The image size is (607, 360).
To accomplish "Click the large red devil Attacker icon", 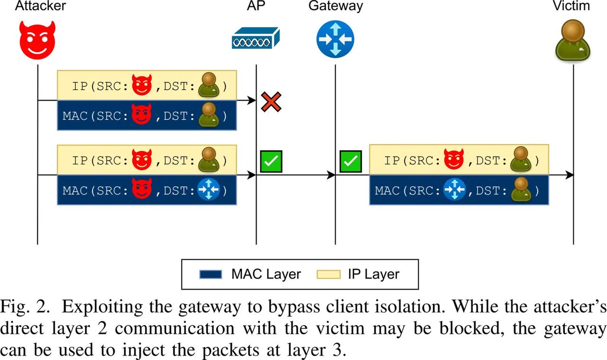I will tap(37, 37).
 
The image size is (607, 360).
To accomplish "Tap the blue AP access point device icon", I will tap(256, 38).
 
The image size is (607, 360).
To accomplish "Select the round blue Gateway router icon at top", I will tap(335, 38).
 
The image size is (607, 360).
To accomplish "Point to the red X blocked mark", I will tap(271, 102).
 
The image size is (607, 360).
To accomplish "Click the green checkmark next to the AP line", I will tap(271, 162).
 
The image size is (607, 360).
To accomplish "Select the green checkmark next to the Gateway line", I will tap(350, 162).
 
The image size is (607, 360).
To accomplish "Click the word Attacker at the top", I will tap(40, 6).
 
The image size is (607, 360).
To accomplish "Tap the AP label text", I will tap(256, 6).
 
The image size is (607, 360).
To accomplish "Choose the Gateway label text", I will tap(335, 6).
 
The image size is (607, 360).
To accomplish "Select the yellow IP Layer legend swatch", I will tap(327, 274).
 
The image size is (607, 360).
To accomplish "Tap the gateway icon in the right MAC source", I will tap(454, 191).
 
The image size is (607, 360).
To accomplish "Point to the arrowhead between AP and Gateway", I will tap(331, 175).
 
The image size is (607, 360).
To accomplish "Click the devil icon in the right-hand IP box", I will tap(454, 159).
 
